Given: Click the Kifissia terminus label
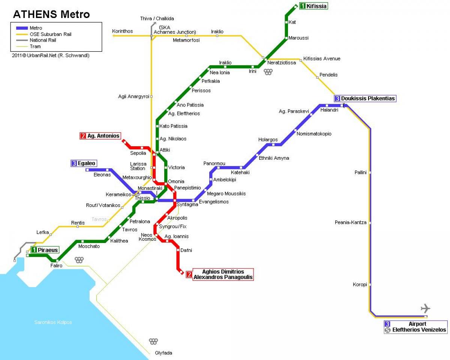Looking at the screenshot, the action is click(x=313, y=6).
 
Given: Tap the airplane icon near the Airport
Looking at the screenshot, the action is click(x=425, y=308).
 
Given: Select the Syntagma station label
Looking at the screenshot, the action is click(x=187, y=205).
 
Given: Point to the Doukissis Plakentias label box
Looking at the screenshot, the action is click(x=365, y=98).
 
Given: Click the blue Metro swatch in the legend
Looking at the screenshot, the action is click(x=22, y=28).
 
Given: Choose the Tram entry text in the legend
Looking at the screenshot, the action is click(x=35, y=46).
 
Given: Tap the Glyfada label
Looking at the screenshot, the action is click(x=163, y=353).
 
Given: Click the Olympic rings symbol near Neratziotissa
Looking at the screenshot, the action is click(x=268, y=72).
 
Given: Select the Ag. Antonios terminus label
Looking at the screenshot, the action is click(x=100, y=136).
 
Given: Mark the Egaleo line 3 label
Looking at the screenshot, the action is click(x=84, y=163).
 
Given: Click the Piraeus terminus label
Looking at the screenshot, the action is click(x=45, y=250).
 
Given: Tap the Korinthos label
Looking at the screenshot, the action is click(x=122, y=31).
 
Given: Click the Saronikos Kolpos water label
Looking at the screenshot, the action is click(x=53, y=322).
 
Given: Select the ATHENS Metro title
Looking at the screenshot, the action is click(x=51, y=14).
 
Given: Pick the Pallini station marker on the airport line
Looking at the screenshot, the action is click(x=370, y=172).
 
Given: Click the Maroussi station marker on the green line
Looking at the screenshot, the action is click(x=286, y=38).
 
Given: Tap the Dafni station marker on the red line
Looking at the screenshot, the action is click(x=178, y=250).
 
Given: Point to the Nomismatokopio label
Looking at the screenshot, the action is click(x=314, y=133).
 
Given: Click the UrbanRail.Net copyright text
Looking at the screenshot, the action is click(x=51, y=55).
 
